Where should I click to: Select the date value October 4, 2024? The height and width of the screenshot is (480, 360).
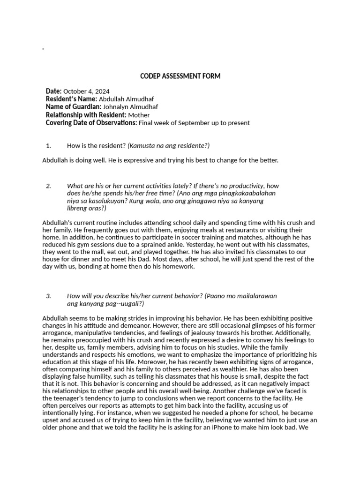86,91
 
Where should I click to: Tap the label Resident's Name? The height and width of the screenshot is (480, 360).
71,99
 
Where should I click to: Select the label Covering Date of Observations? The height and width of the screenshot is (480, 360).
91,123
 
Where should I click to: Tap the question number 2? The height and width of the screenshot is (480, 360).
48,186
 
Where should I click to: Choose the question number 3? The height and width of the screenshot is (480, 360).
48,296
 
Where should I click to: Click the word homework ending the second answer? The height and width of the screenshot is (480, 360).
178,267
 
